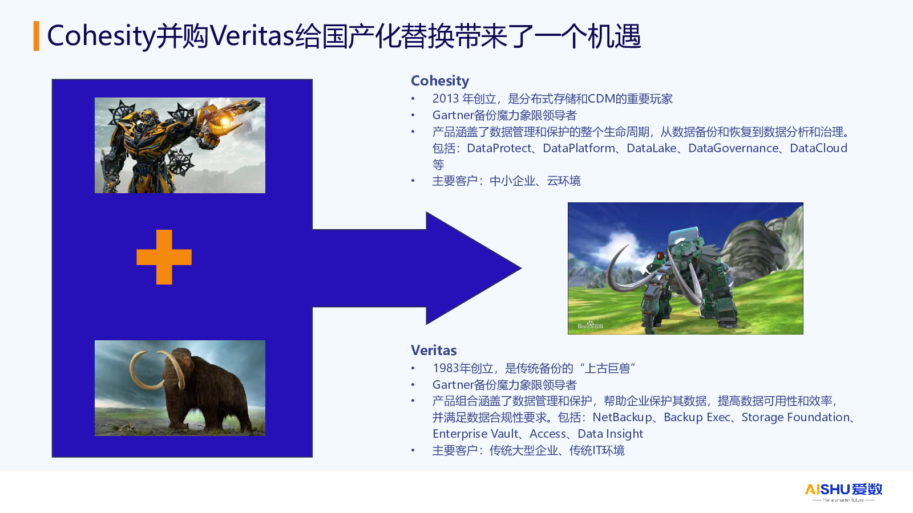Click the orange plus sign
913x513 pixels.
point(164,257)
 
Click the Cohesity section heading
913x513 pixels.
point(440,80)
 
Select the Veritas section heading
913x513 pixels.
point(434,350)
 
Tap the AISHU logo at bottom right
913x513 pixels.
point(843,491)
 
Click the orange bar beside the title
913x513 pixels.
point(37,36)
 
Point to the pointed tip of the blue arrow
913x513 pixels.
point(521,268)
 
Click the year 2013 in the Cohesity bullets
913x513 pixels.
point(446,99)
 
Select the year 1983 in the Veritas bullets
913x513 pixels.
point(446,368)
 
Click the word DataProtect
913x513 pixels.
point(499,148)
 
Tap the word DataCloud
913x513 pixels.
point(818,148)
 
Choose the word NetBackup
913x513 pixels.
point(622,417)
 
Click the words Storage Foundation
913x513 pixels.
point(795,417)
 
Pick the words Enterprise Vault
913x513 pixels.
point(475,434)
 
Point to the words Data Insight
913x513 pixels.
point(610,434)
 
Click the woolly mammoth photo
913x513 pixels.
point(180,388)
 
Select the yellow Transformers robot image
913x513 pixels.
point(180,145)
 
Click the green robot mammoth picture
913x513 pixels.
point(685,268)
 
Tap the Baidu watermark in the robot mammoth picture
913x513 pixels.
point(591,325)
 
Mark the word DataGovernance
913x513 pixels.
point(733,148)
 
